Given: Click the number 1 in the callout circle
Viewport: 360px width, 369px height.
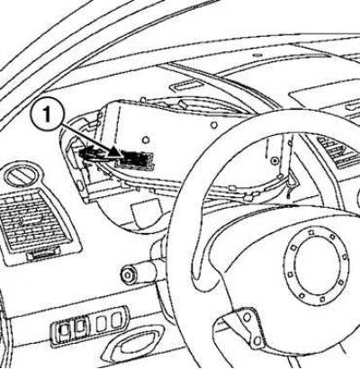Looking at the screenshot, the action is click(47, 115).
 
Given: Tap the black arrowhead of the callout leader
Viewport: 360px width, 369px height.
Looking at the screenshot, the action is click(115, 152).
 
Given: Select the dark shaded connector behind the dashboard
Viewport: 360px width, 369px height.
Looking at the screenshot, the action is click(135, 158).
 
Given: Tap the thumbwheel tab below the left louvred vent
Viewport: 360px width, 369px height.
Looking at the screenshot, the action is click(43, 255).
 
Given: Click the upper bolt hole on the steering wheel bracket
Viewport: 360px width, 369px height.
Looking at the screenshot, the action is click(247, 317).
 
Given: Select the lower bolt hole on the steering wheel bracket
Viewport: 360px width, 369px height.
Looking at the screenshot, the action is click(256, 340).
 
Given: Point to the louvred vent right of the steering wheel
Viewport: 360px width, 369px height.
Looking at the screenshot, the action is click(337, 151).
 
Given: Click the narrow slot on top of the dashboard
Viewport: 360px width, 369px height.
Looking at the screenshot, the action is click(183, 86).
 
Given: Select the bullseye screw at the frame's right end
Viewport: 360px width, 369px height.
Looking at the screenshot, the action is click(274, 161).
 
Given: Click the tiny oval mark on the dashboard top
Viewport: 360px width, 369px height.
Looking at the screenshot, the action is click(256, 55).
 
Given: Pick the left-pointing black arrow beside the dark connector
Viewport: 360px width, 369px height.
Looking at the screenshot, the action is click(90, 153).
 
